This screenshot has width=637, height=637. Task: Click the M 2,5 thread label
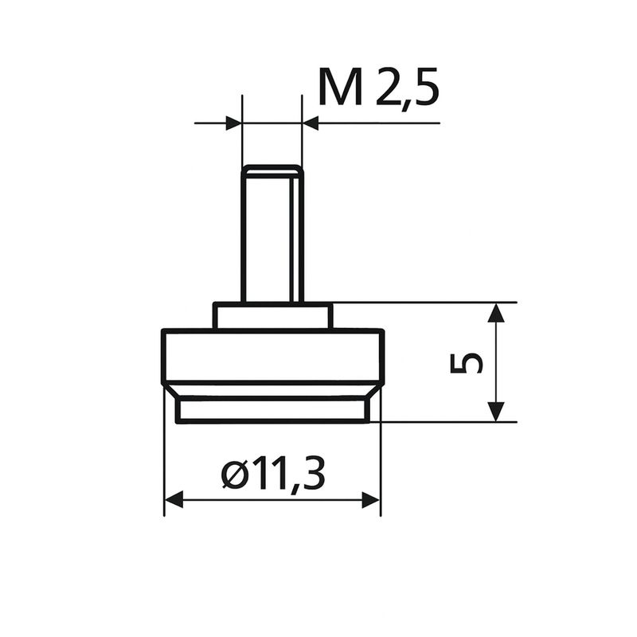(x=379, y=88)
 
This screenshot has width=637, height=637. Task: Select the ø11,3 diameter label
(x=273, y=474)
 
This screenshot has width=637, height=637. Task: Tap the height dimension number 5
(x=467, y=362)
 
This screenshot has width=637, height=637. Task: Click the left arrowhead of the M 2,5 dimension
(x=233, y=123)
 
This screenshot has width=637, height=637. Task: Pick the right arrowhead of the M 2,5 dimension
(x=311, y=123)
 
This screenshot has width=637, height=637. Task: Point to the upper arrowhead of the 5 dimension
(x=495, y=312)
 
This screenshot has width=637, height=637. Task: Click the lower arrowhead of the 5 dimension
(x=495, y=412)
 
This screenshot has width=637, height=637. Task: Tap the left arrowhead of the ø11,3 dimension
(x=174, y=499)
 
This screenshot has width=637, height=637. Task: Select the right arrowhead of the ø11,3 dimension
(x=371, y=499)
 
